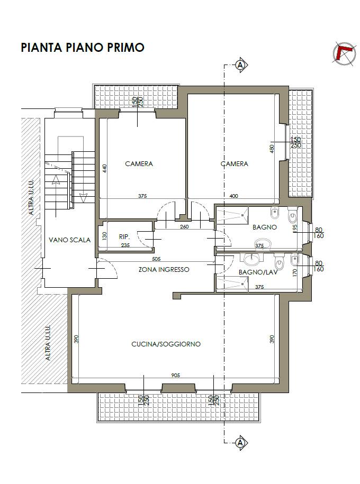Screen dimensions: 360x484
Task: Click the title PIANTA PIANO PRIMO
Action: [x=83, y=48]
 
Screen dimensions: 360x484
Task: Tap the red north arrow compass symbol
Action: [x=344, y=54]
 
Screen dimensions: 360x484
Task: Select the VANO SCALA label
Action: [x=69, y=240]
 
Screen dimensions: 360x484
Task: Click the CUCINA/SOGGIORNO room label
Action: [x=166, y=344]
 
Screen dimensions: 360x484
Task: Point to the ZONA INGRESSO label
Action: [x=164, y=269]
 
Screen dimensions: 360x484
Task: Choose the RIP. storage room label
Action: [x=124, y=237]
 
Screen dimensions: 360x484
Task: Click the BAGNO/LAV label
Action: [x=258, y=272]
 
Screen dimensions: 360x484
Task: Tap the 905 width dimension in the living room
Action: [x=176, y=376]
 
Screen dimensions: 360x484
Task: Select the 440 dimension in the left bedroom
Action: [x=105, y=169]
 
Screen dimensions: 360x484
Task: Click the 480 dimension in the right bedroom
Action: [x=272, y=149]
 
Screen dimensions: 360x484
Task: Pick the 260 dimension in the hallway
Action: [x=184, y=226]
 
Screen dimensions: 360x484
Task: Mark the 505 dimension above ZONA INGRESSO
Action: [x=156, y=259]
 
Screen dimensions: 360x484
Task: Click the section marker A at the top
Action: [x=240, y=65]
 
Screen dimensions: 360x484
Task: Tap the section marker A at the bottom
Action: [x=240, y=443]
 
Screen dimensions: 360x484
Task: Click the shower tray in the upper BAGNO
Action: [x=232, y=215]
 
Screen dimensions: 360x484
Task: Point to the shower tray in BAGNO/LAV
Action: [x=232, y=284]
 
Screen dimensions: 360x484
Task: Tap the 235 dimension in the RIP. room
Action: [x=125, y=245]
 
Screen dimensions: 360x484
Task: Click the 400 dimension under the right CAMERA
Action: [x=234, y=196]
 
